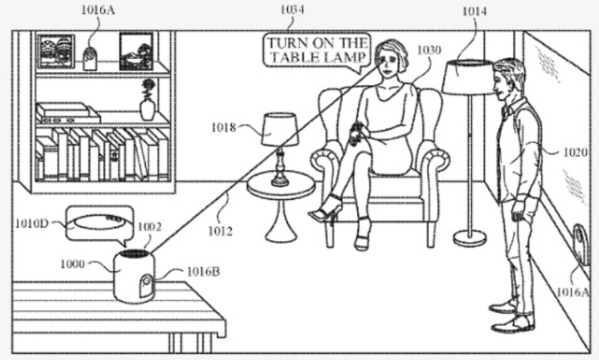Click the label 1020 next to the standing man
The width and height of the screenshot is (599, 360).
(573, 152)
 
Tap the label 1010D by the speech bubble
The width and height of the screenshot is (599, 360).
(31, 223)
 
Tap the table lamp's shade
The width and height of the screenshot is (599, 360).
(280, 129)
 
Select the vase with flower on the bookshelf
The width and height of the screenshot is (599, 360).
(148, 101)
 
